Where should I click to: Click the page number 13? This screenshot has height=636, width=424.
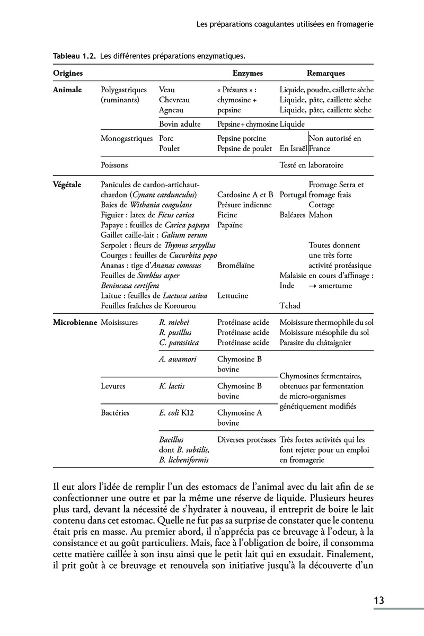pyautogui.click(x=378, y=600)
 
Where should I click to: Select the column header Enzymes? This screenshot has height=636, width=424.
pyautogui.click(x=248, y=73)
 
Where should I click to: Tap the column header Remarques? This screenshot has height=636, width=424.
pyautogui.click(x=326, y=73)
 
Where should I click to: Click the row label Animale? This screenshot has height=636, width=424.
pyautogui.click(x=67, y=90)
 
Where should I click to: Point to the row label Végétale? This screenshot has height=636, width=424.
pyautogui.click(x=67, y=185)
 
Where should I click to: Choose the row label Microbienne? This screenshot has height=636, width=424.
pyautogui.click(x=75, y=322)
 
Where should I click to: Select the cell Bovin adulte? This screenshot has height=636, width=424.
pyautogui.click(x=179, y=124)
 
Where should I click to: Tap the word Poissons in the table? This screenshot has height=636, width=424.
pyautogui.click(x=114, y=165)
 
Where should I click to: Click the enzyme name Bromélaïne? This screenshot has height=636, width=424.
pyautogui.click(x=236, y=266)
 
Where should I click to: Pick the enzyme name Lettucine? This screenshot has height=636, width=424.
pyautogui.click(x=232, y=296)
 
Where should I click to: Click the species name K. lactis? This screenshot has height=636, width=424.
pyautogui.click(x=172, y=386)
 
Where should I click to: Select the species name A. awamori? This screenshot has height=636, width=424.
pyautogui.click(x=178, y=359)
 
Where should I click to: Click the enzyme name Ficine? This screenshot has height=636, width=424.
pyautogui.click(x=227, y=215)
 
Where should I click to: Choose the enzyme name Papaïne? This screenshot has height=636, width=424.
pyautogui.click(x=229, y=225)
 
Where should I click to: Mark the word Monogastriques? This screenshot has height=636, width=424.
pyautogui.click(x=126, y=139)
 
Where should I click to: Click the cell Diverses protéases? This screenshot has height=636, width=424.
pyautogui.click(x=246, y=440)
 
